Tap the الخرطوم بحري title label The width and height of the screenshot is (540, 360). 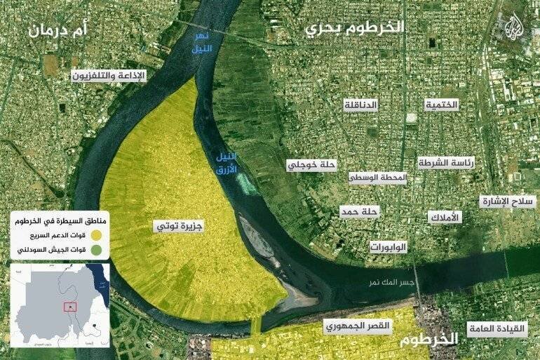pyautogui.click(x=356, y=29)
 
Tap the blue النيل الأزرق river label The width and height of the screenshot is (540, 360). pyautogui.click(x=225, y=163)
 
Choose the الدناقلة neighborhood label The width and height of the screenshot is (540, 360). pyautogui.click(x=360, y=105)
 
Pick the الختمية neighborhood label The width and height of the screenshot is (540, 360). pyautogui.click(x=442, y=105)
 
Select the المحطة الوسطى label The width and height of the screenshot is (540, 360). pyautogui.click(x=378, y=178)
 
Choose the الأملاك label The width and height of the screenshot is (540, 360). pyautogui.click(x=445, y=218)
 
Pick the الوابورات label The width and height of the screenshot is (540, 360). pyautogui.click(x=389, y=247)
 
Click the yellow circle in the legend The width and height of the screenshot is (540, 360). pyautogui.click(x=98, y=234)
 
